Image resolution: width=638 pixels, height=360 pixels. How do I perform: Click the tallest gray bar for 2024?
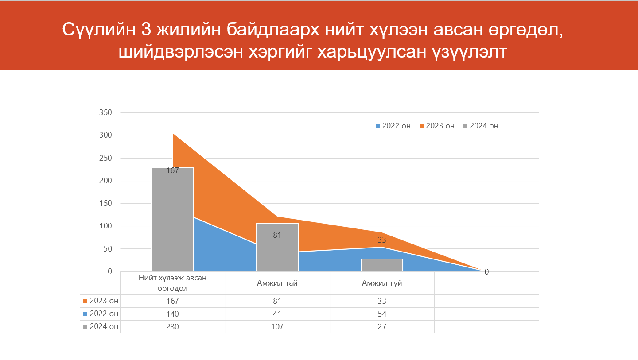172,219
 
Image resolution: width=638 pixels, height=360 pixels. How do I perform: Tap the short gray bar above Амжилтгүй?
382,265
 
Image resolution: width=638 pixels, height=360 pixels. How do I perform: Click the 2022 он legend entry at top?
393,126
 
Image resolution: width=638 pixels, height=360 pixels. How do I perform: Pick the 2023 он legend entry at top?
437,126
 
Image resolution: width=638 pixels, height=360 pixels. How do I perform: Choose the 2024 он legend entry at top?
481,126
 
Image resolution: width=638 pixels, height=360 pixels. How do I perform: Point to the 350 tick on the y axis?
105,112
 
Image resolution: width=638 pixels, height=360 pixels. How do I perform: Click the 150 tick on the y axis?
105,203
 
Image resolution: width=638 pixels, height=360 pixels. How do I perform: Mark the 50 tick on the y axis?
107,249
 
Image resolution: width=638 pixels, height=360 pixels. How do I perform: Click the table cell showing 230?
172,327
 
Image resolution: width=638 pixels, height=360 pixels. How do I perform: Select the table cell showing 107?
277,327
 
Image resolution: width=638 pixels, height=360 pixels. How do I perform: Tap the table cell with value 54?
382,314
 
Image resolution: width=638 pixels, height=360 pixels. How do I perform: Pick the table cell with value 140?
172,314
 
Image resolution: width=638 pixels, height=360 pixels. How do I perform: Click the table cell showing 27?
382,327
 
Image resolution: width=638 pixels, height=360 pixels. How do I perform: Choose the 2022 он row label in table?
101,314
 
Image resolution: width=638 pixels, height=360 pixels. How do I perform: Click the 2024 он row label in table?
101,327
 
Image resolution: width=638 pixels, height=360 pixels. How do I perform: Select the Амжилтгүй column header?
382,283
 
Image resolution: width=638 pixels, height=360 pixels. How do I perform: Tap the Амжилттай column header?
277,283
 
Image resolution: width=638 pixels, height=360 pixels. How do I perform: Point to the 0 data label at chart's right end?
486,272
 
